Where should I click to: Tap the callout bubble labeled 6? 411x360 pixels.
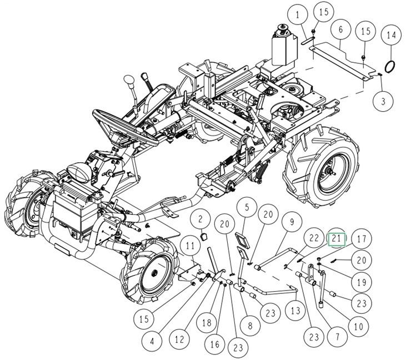point(341,28)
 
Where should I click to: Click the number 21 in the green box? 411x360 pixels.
point(337,239)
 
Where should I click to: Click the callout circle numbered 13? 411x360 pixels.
point(295,309)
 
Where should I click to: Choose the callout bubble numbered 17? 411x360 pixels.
point(362,239)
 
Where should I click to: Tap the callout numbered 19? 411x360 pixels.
point(362,282)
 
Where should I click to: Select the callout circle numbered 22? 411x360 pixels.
point(314,239)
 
